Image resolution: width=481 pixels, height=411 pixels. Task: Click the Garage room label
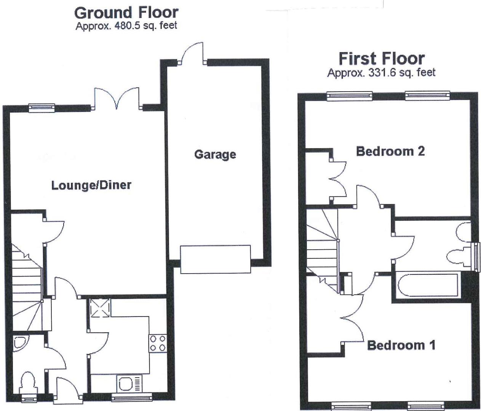(215, 155)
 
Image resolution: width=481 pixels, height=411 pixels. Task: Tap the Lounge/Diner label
(91, 185)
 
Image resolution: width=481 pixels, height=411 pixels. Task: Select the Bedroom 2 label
(390, 151)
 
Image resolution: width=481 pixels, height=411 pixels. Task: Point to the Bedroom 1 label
(401, 345)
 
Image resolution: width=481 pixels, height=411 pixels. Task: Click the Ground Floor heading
(126, 13)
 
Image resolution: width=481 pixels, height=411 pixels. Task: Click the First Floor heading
(382, 59)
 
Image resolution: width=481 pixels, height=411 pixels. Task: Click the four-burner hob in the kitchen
(157, 343)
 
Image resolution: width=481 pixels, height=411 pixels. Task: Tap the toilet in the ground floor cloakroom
(28, 382)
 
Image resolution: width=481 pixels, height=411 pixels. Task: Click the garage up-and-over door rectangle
(216, 259)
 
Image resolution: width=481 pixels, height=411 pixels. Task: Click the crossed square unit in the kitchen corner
(100, 307)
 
